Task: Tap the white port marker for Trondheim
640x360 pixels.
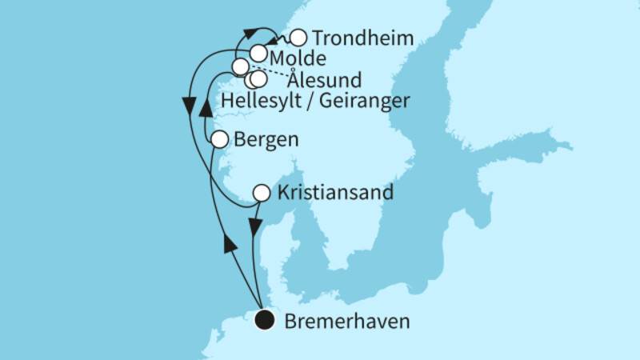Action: [298, 38]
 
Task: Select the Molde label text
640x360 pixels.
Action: [297, 58]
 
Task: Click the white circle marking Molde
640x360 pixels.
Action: [258, 54]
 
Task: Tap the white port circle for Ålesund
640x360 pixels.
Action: [240, 66]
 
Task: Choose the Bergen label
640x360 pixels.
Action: [267, 139]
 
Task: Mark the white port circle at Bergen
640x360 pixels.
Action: [221, 140]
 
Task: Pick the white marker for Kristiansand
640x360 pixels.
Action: [262, 193]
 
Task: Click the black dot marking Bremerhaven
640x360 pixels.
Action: [264, 322]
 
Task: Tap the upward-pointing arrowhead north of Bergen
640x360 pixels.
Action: [206, 109]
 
